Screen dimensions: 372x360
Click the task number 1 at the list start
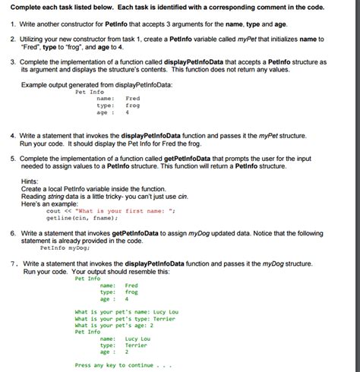click(x=14, y=24)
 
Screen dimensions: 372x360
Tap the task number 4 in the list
click(x=14, y=136)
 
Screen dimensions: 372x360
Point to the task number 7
click(x=14, y=263)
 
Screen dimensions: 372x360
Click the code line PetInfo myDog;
click(x=63, y=247)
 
